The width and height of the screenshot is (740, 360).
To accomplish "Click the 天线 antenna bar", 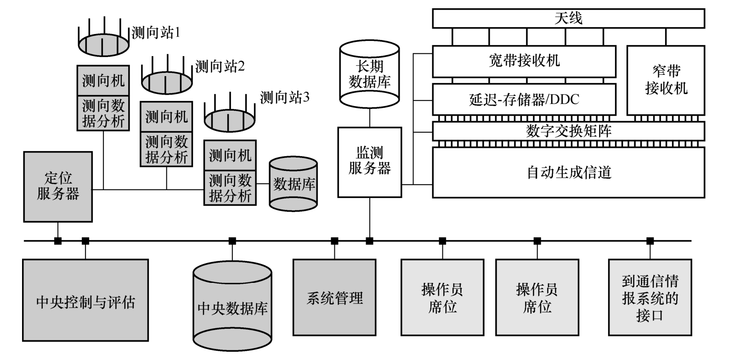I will click(568, 18).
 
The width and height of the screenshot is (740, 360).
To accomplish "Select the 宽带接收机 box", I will click(524, 61).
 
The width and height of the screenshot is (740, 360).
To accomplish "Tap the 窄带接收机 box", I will click(666, 80).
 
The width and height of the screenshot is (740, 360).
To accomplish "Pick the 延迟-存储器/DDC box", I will click(524, 99).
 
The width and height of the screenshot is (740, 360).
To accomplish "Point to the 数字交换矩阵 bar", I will click(568, 131).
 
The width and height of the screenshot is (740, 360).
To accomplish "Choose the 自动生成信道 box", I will click(568, 173).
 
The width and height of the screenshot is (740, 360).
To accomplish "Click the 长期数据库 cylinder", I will click(369, 74).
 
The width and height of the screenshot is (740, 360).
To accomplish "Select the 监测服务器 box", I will click(369, 162).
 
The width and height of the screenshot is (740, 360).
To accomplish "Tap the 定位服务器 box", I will click(58, 186).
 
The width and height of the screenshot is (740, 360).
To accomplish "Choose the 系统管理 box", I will click(334, 298).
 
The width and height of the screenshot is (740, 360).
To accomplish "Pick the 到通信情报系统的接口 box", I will click(650, 298).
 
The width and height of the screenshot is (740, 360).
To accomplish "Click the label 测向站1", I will click(156, 33).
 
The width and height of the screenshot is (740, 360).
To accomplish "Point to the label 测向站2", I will click(220, 67).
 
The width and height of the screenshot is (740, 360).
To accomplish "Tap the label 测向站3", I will click(284, 97).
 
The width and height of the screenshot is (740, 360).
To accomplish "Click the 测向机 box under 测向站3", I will click(230, 155).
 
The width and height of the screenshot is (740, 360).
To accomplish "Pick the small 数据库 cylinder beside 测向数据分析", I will click(293, 184).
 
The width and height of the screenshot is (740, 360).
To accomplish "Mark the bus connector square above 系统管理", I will click(334, 241).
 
